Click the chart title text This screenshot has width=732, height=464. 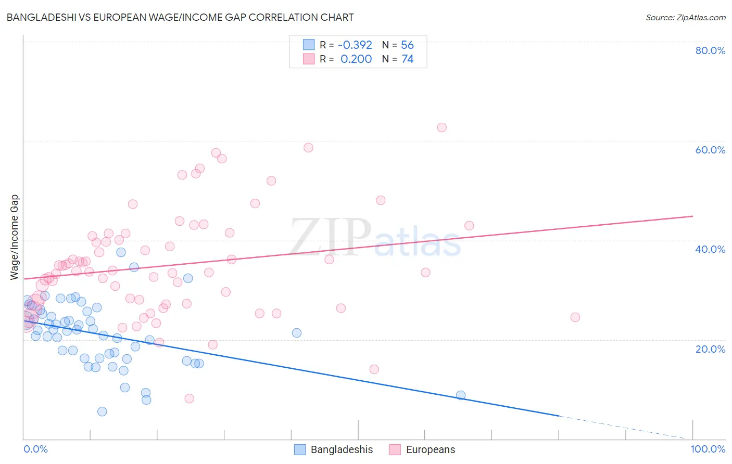tap(180, 17)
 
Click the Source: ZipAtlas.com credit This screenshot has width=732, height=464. tap(685, 17)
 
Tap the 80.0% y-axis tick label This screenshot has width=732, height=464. tap(710, 50)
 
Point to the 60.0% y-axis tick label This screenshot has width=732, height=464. tap(710, 150)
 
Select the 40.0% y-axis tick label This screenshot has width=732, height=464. tap(710, 249)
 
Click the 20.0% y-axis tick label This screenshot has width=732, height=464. tap(710, 349)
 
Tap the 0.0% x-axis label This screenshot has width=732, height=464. tap(35, 449)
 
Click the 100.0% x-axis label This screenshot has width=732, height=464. tap(708, 449)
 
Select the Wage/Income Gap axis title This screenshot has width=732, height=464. tap(15, 237)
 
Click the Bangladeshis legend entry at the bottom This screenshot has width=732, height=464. tap(334, 449)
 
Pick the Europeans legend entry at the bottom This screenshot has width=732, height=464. tap(422, 449)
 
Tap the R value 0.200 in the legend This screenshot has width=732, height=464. tap(356, 59)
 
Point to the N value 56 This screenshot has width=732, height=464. tap(407, 45)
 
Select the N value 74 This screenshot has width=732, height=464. tap(407, 59)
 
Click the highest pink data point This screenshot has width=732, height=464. tap(442, 127)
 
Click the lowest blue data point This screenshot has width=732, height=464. tap(102, 411)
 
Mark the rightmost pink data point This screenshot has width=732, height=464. tap(575, 317)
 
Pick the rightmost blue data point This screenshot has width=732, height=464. tap(461, 395)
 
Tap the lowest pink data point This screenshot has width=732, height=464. tap(190, 398)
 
